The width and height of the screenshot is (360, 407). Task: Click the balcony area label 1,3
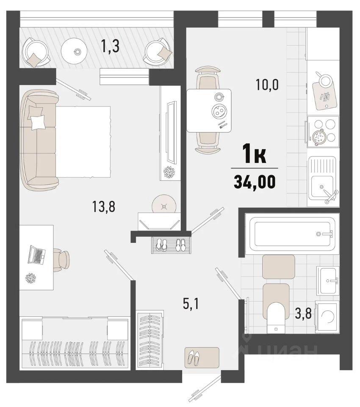point(111,47)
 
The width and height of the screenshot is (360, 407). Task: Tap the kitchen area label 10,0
point(267,85)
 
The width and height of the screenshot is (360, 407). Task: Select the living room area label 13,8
point(103,207)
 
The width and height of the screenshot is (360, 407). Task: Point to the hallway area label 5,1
point(191,304)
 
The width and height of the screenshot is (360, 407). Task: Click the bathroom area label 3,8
point(303,314)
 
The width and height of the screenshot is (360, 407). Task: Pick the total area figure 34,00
point(255,181)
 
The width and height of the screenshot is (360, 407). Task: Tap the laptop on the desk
point(36,255)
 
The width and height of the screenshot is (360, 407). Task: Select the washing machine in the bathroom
point(327,317)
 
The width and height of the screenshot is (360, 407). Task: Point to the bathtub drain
point(318,234)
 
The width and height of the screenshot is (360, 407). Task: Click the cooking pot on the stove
point(319,136)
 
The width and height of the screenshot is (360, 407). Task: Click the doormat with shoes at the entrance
point(202,357)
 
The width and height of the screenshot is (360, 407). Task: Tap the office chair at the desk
point(61,260)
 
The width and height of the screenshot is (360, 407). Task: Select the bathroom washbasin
point(328,281)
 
